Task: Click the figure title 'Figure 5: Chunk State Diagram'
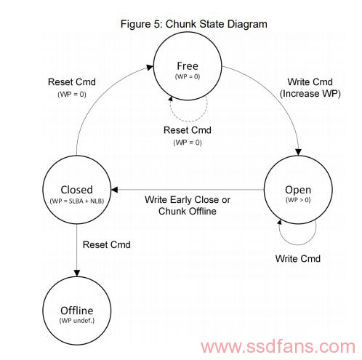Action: (194, 24)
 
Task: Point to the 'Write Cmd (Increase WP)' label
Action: (310, 88)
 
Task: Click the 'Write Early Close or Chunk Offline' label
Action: (188, 205)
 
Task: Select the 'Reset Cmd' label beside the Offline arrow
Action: (107, 244)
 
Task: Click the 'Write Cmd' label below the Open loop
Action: (298, 258)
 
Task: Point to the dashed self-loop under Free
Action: (188, 121)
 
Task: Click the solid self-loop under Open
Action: (298, 245)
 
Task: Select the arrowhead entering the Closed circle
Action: (114, 190)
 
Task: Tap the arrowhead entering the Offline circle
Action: (77, 273)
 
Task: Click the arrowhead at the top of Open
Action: (299, 152)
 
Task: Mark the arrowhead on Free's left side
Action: (150, 67)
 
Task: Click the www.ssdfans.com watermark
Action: (278, 346)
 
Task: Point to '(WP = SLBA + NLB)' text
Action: (77, 201)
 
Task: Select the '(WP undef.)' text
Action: (77, 321)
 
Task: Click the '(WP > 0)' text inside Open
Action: (298, 200)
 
